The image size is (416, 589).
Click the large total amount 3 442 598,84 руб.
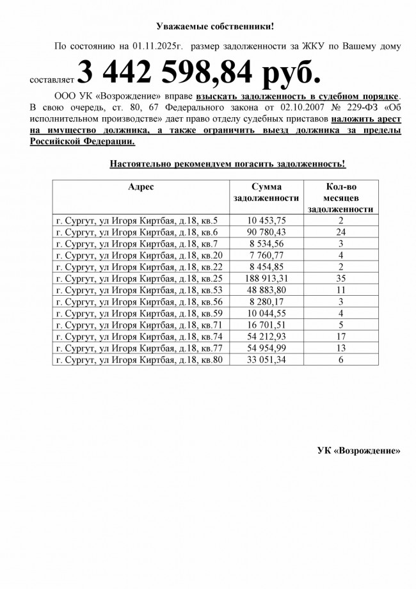(x=198, y=73)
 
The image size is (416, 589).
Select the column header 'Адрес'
(x=140, y=186)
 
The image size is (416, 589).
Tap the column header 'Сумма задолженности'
(x=266, y=192)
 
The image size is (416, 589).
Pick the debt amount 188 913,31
(x=266, y=279)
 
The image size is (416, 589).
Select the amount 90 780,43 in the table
(x=266, y=232)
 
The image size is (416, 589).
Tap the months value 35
(x=340, y=279)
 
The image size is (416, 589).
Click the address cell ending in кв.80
(x=140, y=360)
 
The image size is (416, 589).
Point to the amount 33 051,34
(x=266, y=360)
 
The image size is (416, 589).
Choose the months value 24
(x=340, y=232)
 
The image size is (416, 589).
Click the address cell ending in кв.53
(x=140, y=291)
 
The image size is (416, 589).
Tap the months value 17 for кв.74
(x=340, y=337)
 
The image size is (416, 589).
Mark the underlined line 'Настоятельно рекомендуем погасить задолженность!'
(x=227, y=164)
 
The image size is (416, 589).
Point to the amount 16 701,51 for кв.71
(x=266, y=326)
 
